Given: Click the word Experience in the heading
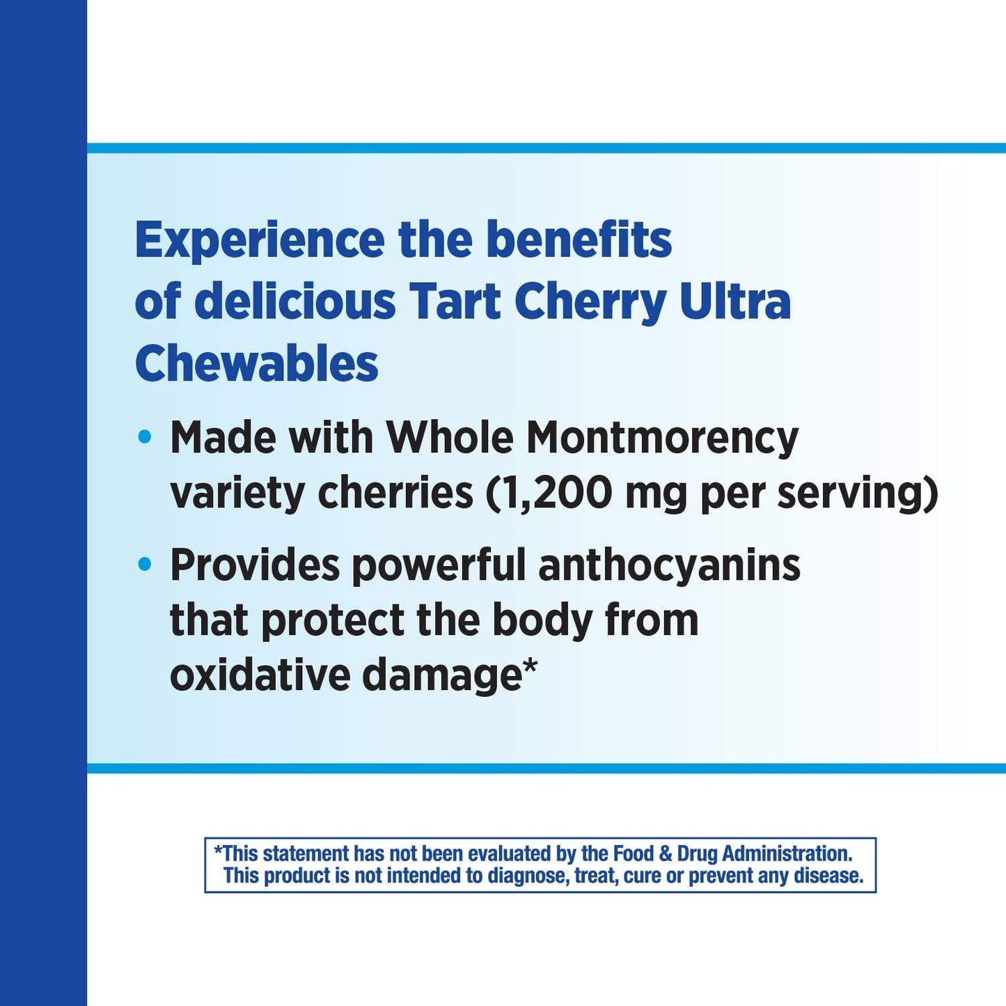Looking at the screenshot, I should pyautogui.click(x=259, y=241).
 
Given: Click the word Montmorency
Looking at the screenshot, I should pyautogui.click(x=662, y=439).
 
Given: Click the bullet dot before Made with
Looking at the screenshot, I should pyautogui.click(x=145, y=438).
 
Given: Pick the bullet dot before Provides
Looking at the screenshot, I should pyautogui.click(x=145, y=564).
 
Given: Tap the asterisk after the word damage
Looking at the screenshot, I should pyautogui.click(x=530, y=668).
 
